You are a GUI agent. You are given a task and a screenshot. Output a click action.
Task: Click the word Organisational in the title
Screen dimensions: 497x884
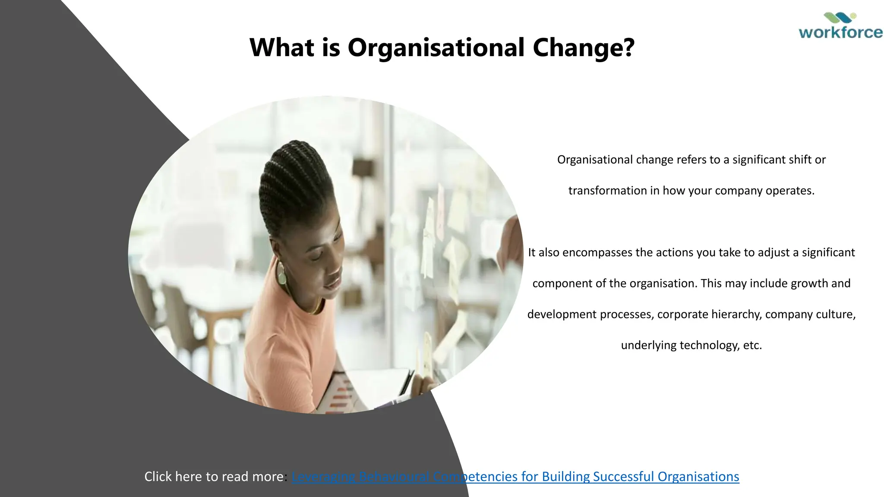436,47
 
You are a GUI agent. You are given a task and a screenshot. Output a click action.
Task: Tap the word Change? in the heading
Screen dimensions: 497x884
584,47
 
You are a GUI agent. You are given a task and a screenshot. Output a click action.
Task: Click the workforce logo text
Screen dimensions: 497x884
840,33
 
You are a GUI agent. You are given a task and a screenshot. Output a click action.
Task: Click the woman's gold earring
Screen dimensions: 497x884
281,272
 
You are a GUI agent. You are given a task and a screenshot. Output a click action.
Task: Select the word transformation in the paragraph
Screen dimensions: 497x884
608,191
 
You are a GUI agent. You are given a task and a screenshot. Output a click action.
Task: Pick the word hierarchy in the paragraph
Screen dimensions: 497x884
736,314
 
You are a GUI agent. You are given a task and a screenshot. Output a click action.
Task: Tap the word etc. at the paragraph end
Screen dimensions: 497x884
752,345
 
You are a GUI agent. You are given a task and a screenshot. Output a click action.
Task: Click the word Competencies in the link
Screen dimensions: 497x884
475,476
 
